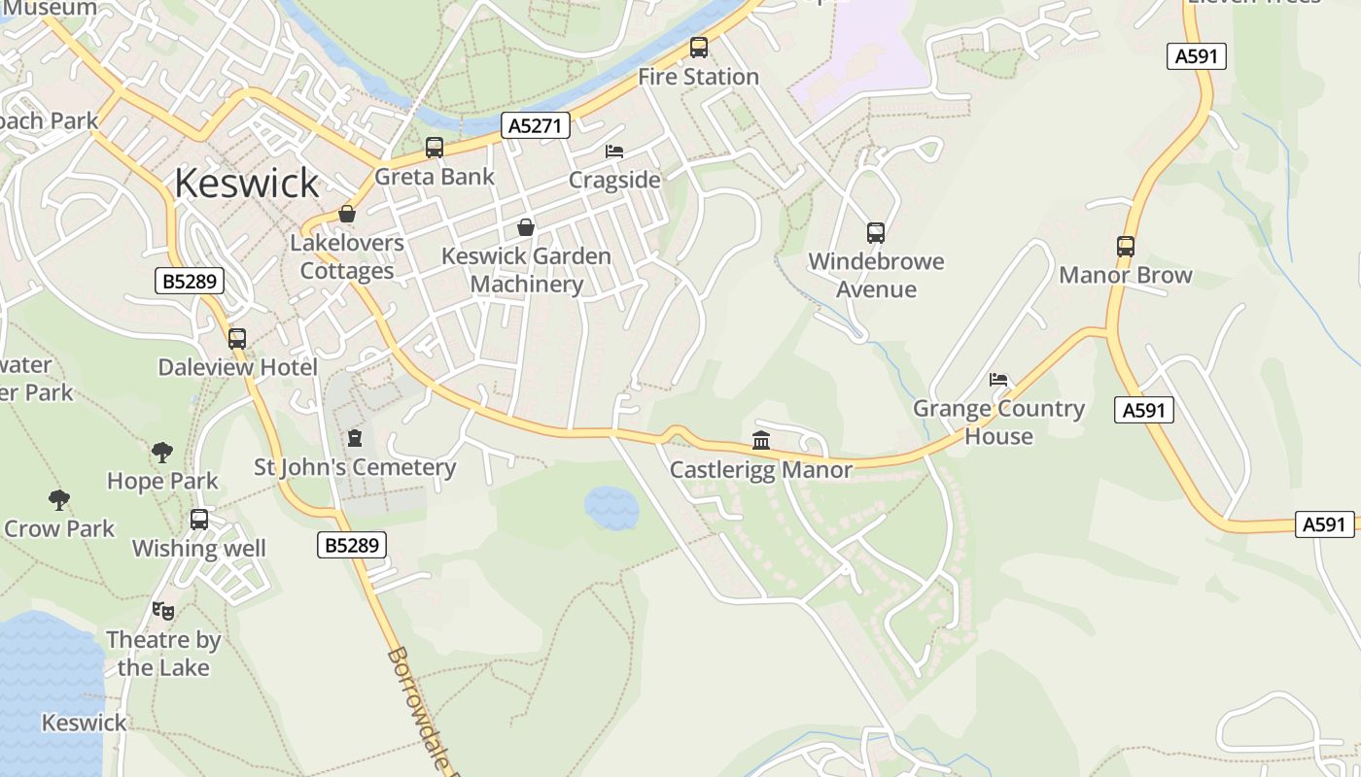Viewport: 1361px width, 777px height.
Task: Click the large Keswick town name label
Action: tap(247, 183)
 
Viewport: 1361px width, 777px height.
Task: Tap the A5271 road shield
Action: tap(535, 125)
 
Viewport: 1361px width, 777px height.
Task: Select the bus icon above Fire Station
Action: tap(698, 48)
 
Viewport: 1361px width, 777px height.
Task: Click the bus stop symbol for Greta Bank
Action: tap(435, 148)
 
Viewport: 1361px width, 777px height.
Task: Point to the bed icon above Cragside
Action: tap(614, 152)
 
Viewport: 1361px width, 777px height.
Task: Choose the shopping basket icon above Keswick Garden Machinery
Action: tap(526, 227)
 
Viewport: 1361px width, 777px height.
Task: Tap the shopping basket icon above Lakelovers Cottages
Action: tap(347, 214)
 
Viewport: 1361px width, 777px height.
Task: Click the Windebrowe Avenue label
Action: tap(876, 276)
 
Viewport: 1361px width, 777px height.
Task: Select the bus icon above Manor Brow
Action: tap(1125, 247)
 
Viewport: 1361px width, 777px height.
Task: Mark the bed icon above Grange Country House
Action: tap(998, 380)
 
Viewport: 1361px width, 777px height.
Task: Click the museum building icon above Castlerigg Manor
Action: tap(761, 441)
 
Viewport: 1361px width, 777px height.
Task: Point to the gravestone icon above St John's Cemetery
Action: tap(355, 438)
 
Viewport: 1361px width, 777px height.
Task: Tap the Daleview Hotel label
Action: tap(238, 367)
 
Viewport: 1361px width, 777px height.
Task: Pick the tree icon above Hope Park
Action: tap(162, 452)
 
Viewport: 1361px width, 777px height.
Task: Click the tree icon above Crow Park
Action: tap(59, 500)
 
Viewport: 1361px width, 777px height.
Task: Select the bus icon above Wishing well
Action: tap(199, 520)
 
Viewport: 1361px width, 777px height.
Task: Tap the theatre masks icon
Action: tap(163, 611)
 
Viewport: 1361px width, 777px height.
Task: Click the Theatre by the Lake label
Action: tap(163, 654)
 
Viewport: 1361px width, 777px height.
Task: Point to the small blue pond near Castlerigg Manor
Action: tap(611, 508)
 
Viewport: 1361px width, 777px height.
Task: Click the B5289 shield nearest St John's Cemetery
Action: tap(351, 545)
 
